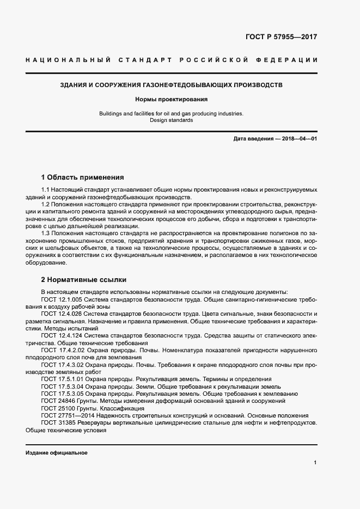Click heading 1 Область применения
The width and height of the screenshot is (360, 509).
(x=82, y=177)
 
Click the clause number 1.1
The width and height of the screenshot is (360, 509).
(x=46, y=189)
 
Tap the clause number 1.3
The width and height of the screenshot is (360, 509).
(x=46, y=234)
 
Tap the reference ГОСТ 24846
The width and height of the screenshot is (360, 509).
(x=55, y=401)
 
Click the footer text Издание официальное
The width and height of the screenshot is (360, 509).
(x=56, y=453)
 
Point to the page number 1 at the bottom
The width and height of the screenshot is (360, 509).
(x=315, y=462)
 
